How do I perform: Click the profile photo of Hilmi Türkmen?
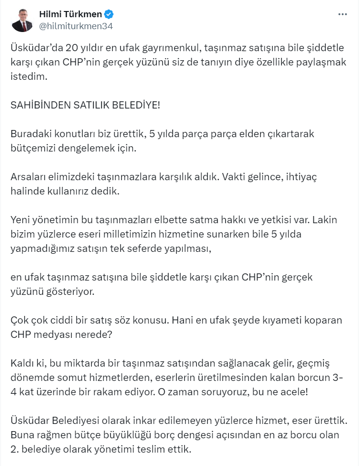[22, 20]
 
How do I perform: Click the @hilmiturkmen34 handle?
[75, 26]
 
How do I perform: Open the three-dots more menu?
[342, 14]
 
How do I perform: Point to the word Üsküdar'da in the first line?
[33, 48]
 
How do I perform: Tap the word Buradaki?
[28, 134]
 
